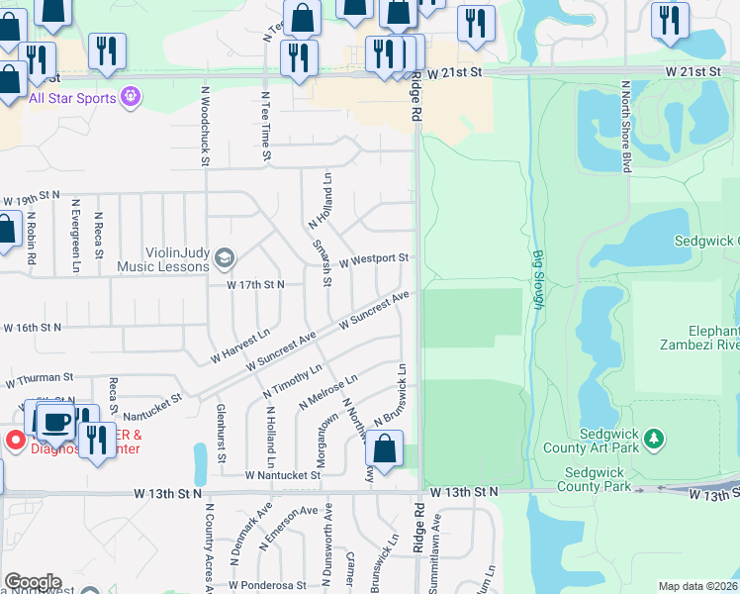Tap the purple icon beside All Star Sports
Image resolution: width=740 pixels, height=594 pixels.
pos(131,97)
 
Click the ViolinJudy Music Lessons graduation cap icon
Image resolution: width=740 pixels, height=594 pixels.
pos(225,258)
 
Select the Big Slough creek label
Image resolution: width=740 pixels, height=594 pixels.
pos(539,279)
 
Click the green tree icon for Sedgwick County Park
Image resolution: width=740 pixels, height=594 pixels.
pos(653,438)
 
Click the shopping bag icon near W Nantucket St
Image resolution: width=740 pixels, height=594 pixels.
pos(385,450)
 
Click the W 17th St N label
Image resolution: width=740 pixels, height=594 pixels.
pos(255,284)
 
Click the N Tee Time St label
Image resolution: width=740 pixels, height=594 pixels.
pos(265,127)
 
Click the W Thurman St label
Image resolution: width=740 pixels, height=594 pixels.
pos(40,377)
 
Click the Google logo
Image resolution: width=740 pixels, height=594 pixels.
pos(33,582)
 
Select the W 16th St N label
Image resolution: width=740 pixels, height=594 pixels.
pos(31,327)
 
